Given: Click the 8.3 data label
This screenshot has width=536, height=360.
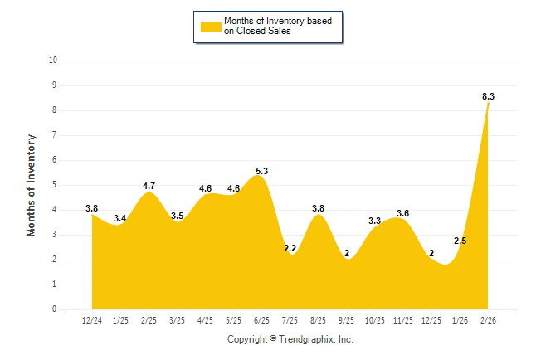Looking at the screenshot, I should [488, 97].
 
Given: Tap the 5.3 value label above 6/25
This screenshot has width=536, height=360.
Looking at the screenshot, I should [262, 171].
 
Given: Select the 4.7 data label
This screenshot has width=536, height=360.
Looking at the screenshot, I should [149, 186].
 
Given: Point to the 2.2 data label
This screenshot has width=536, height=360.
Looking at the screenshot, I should [290, 248].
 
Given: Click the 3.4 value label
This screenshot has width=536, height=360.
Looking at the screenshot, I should [120, 218].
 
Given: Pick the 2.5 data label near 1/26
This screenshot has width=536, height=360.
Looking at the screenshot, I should [460, 241].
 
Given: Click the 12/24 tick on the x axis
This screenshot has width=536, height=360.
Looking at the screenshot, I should [92, 320].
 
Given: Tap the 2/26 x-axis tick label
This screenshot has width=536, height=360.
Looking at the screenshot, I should [488, 320].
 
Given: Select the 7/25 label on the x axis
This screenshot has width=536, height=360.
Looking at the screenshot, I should [290, 320].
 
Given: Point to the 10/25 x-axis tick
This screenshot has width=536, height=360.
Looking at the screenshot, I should [375, 320].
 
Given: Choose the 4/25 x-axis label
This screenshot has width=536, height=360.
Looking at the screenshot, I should [206, 320].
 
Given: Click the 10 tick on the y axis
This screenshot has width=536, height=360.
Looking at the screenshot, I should [53, 61].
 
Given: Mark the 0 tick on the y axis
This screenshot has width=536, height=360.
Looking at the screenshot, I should [55, 309].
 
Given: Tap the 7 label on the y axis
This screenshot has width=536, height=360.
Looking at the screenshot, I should [55, 135].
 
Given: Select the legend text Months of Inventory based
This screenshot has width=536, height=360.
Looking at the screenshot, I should [278, 21].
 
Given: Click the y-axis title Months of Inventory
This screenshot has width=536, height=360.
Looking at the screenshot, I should [32, 185].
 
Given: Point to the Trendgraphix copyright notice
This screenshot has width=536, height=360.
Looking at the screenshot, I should [290, 339].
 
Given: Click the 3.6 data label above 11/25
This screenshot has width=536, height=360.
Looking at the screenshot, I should [403, 213].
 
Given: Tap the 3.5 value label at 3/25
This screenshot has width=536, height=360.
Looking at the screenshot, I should [177, 216].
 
